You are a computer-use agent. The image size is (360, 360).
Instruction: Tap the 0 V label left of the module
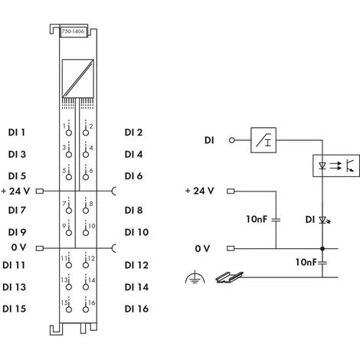(18, 247)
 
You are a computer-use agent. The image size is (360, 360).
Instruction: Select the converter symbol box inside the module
(74, 77)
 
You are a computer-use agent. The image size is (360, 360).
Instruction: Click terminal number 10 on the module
(91, 226)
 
